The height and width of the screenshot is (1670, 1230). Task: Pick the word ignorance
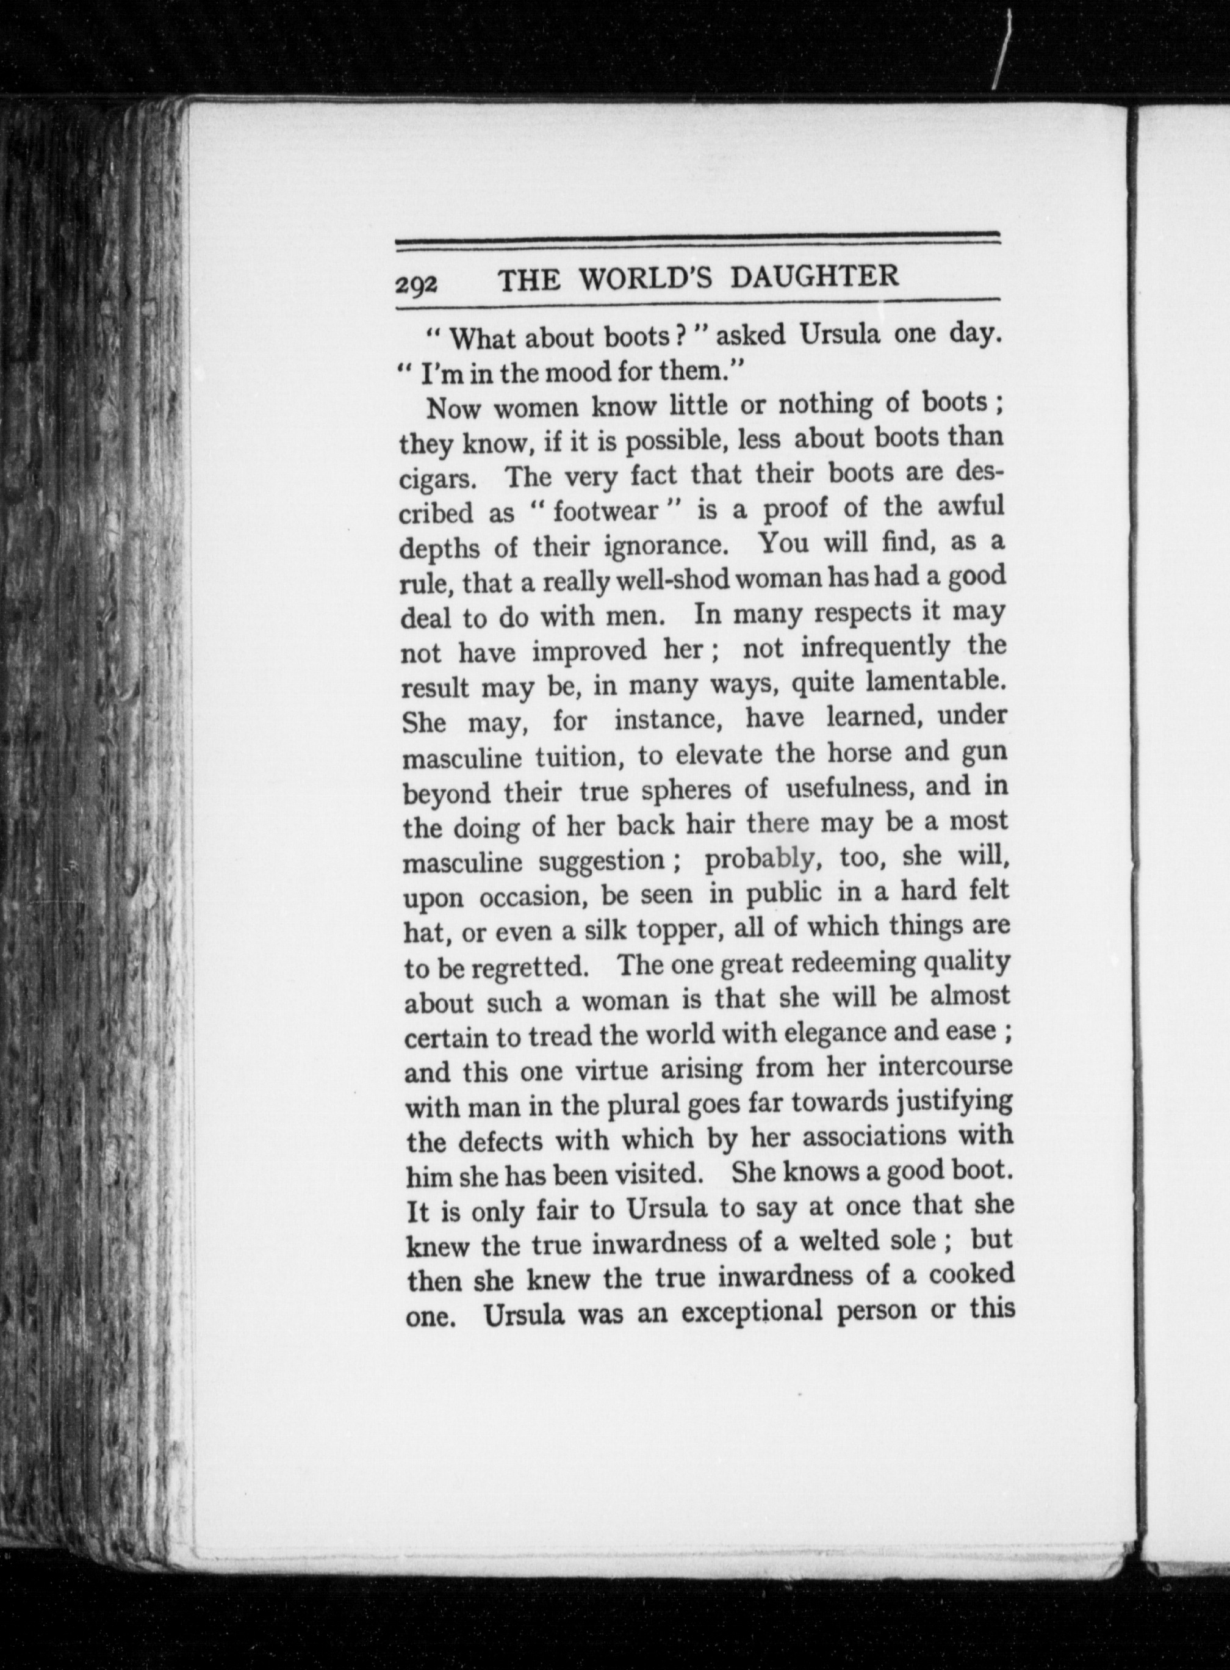pos(665,546)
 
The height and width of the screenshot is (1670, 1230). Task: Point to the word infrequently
pos(875,646)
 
